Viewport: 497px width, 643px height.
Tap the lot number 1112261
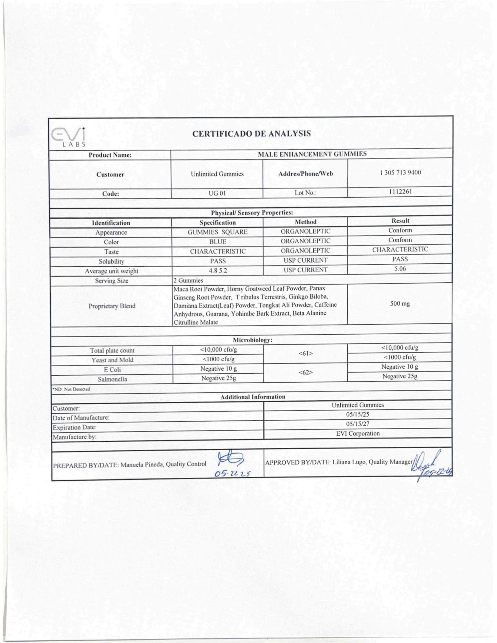(401, 192)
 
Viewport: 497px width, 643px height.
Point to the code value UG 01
(217, 193)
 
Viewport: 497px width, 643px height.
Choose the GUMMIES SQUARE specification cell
(218, 232)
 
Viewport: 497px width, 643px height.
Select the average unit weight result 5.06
(400, 269)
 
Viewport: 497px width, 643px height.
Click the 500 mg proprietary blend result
(400, 303)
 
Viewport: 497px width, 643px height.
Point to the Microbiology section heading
(252, 340)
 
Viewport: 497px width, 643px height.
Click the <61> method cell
(306, 353)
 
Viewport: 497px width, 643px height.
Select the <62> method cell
(306, 372)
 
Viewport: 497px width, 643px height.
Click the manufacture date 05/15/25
(357, 414)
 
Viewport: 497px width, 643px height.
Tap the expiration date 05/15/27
(357, 424)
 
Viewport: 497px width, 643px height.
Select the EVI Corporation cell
(358, 433)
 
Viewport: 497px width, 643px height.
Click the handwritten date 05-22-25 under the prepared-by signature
(233, 474)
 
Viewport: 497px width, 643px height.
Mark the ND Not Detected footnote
(71, 389)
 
